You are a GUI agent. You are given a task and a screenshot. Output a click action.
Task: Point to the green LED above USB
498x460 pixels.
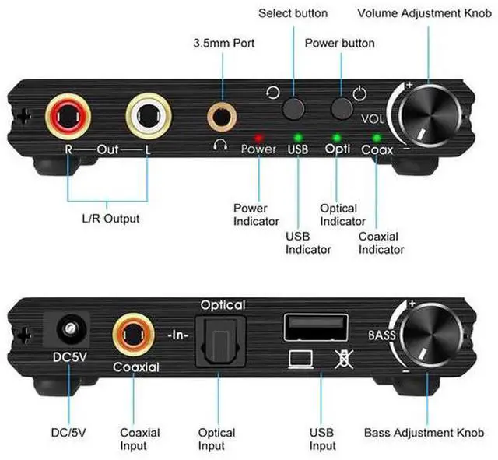click(x=297, y=136)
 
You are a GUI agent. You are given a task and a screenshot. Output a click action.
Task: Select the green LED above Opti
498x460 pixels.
click(x=337, y=136)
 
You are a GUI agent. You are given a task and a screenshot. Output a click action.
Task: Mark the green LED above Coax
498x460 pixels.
click(x=377, y=136)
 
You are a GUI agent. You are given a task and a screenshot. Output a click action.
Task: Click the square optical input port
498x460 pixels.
click(x=220, y=340)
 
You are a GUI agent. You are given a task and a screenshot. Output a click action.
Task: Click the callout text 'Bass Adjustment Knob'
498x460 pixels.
click(x=424, y=433)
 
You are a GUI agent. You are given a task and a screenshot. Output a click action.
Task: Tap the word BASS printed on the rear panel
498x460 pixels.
click(x=383, y=337)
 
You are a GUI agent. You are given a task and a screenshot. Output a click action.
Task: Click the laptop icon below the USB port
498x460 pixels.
click(x=300, y=360)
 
